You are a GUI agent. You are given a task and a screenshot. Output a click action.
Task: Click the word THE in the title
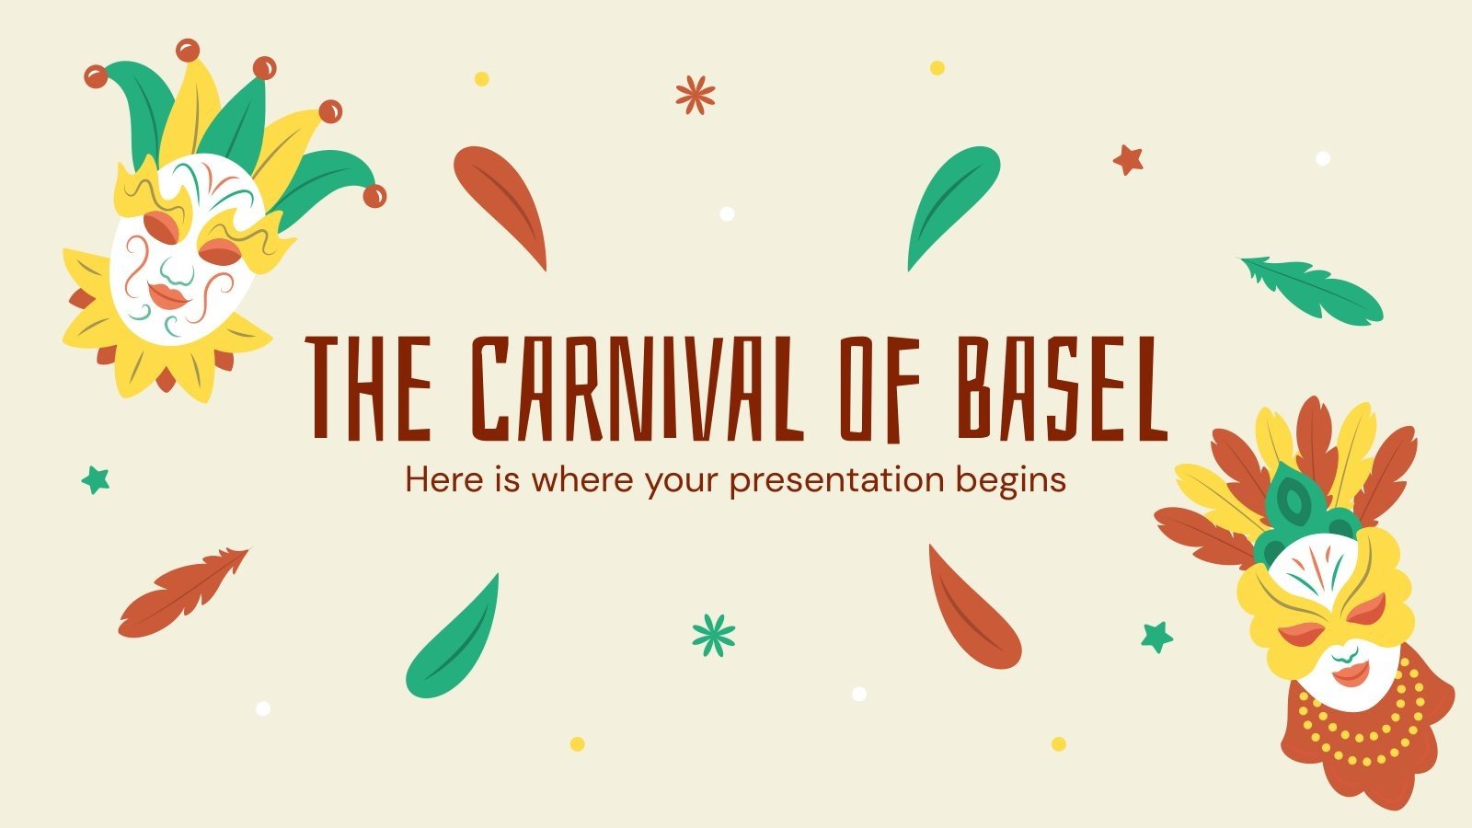click(x=370, y=386)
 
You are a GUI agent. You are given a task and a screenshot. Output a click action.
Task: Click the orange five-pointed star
click(x=1127, y=160)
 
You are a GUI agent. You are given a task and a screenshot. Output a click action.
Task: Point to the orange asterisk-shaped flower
click(x=695, y=95)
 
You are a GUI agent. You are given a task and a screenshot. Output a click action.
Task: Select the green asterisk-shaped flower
click(x=714, y=635)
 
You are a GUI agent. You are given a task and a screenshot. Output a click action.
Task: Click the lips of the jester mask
click(x=168, y=295)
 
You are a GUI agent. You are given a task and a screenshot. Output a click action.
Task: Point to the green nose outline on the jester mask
click(x=178, y=269)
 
